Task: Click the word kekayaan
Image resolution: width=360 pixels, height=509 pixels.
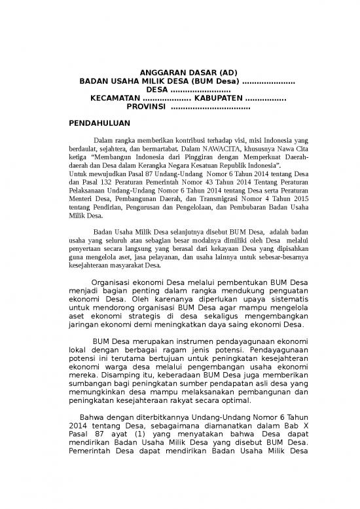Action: pos(204,249)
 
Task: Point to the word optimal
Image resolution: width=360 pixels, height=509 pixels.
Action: pos(241,400)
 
